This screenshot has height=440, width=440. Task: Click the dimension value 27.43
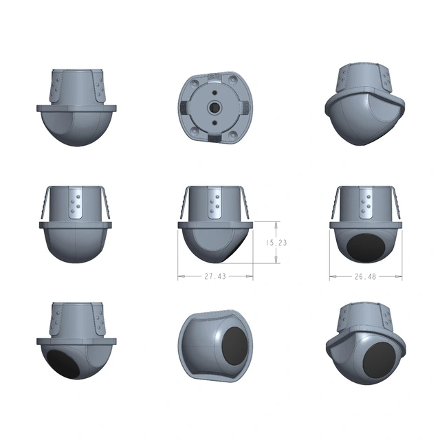pyautogui.click(x=215, y=276)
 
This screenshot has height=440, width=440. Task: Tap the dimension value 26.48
pyautogui.click(x=366, y=277)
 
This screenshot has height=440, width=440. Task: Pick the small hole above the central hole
pyautogui.click(x=214, y=89)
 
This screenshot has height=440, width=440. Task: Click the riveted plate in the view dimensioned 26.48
pyautogui.click(x=366, y=204)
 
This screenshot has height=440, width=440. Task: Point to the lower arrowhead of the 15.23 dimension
pyautogui.click(x=276, y=262)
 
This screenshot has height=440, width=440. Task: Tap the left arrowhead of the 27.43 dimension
pyautogui.click(x=180, y=276)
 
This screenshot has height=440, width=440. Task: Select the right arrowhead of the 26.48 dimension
pyautogui.click(x=400, y=277)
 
